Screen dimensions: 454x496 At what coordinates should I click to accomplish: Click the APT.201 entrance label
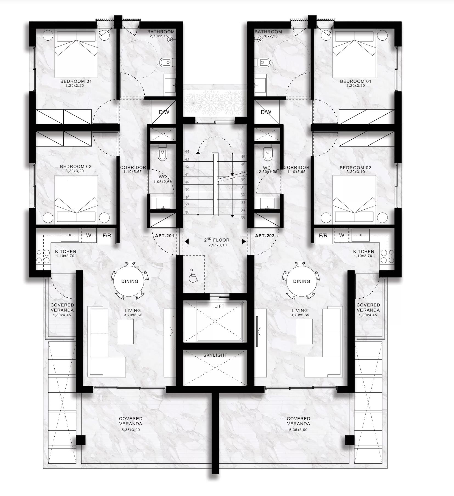(164, 236)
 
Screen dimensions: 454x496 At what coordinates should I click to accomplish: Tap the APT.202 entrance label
(265, 236)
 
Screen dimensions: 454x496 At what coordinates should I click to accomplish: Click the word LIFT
(219, 306)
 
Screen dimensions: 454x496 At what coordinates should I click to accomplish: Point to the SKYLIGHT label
(215, 355)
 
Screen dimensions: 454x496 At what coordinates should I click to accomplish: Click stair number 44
(187, 152)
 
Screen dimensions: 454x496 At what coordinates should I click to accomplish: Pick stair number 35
(243, 218)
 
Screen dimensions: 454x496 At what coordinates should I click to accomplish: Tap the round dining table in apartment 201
(130, 281)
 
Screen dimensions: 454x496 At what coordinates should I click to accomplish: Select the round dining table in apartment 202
(301, 281)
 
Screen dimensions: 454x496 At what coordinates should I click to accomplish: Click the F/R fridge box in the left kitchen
(107, 236)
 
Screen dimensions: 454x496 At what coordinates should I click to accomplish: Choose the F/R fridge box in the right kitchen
(323, 236)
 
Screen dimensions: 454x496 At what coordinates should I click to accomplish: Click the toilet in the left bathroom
(166, 63)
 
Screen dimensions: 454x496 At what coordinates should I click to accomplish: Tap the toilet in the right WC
(267, 154)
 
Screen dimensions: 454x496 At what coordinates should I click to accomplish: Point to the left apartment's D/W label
(164, 112)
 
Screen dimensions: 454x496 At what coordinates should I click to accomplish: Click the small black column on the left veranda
(81, 440)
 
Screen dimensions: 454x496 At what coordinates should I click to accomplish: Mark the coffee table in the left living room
(126, 331)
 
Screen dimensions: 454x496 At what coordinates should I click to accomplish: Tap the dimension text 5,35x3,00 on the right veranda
(298, 430)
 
